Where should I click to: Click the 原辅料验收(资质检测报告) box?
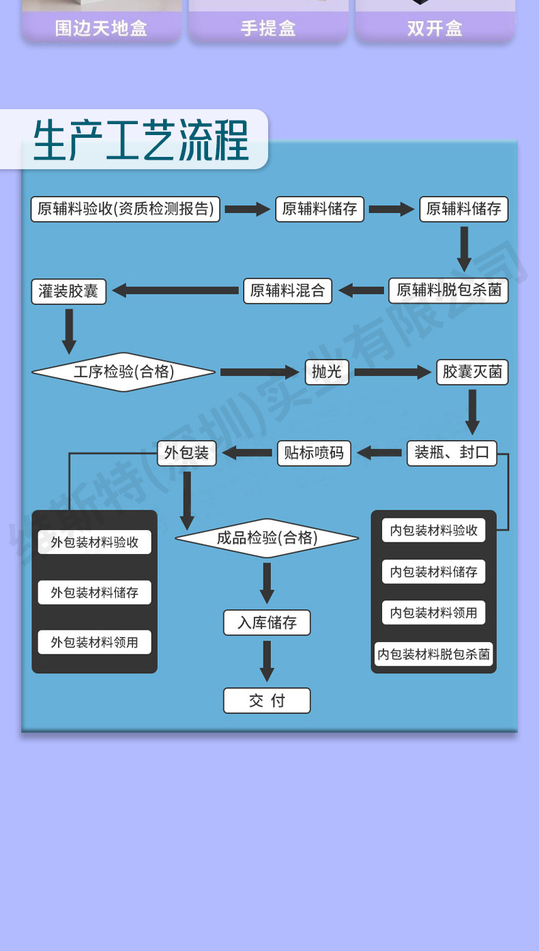click(126, 209)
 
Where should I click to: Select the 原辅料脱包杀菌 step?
click(448, 291)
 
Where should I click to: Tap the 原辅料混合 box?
click(287, 291)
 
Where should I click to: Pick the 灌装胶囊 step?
click(68, 291)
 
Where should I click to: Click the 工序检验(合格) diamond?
click(123, 372)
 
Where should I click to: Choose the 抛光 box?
click(326, 372)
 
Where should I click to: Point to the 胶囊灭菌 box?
click(472, 372)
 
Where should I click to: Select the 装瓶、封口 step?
click(452, 452)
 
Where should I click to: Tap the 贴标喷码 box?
click(314, 453)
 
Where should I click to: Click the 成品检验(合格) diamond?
click(267, 538)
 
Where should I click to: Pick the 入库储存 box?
click(267, 623)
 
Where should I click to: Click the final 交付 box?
click(267, 701)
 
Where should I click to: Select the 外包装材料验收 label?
click(94, 542)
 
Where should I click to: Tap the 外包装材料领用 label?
click(94, 643)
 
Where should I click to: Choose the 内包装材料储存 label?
click(433, 572)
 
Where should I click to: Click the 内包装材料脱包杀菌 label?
click(433, 655)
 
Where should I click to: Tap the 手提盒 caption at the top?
click(268, 29)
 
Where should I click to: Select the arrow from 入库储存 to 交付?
click(267, 660)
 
